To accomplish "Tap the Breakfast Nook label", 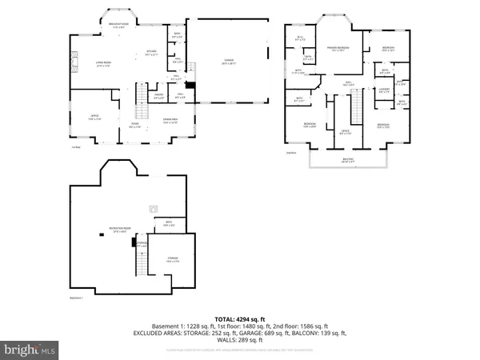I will point(119,24).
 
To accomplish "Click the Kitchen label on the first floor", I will point(150,53).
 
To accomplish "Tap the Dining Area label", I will point(170,120).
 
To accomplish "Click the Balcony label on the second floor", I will point(349,159).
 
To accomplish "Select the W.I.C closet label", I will point(300,38).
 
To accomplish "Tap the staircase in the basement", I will point(142,260).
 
